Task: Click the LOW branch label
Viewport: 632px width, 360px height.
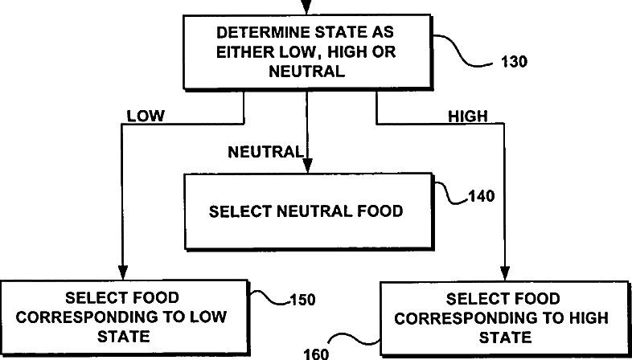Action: point(146,116)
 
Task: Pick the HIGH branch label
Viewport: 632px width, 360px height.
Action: point(467,116)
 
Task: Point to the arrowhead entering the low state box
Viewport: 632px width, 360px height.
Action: point(121,272)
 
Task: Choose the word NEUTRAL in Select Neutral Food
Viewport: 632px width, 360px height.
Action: point(309,212)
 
